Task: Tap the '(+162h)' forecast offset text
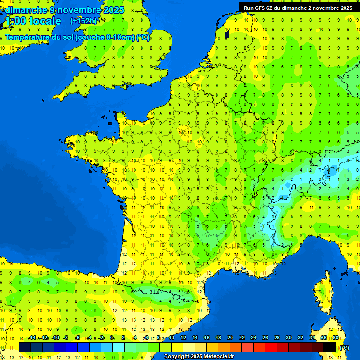[83, 21]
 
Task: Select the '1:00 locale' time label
[32, 21]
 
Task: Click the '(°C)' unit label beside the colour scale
[344, 347]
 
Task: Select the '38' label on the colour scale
[335, 337]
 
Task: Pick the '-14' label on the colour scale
[32, 337]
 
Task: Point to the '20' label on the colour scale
[230, 337]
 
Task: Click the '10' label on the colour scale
[171, 337]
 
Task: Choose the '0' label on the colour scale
[112, 337]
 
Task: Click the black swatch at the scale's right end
[330, 347]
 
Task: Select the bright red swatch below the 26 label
[271, 347]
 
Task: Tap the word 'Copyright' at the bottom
[176, 357]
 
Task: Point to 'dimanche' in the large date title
[26, 10]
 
